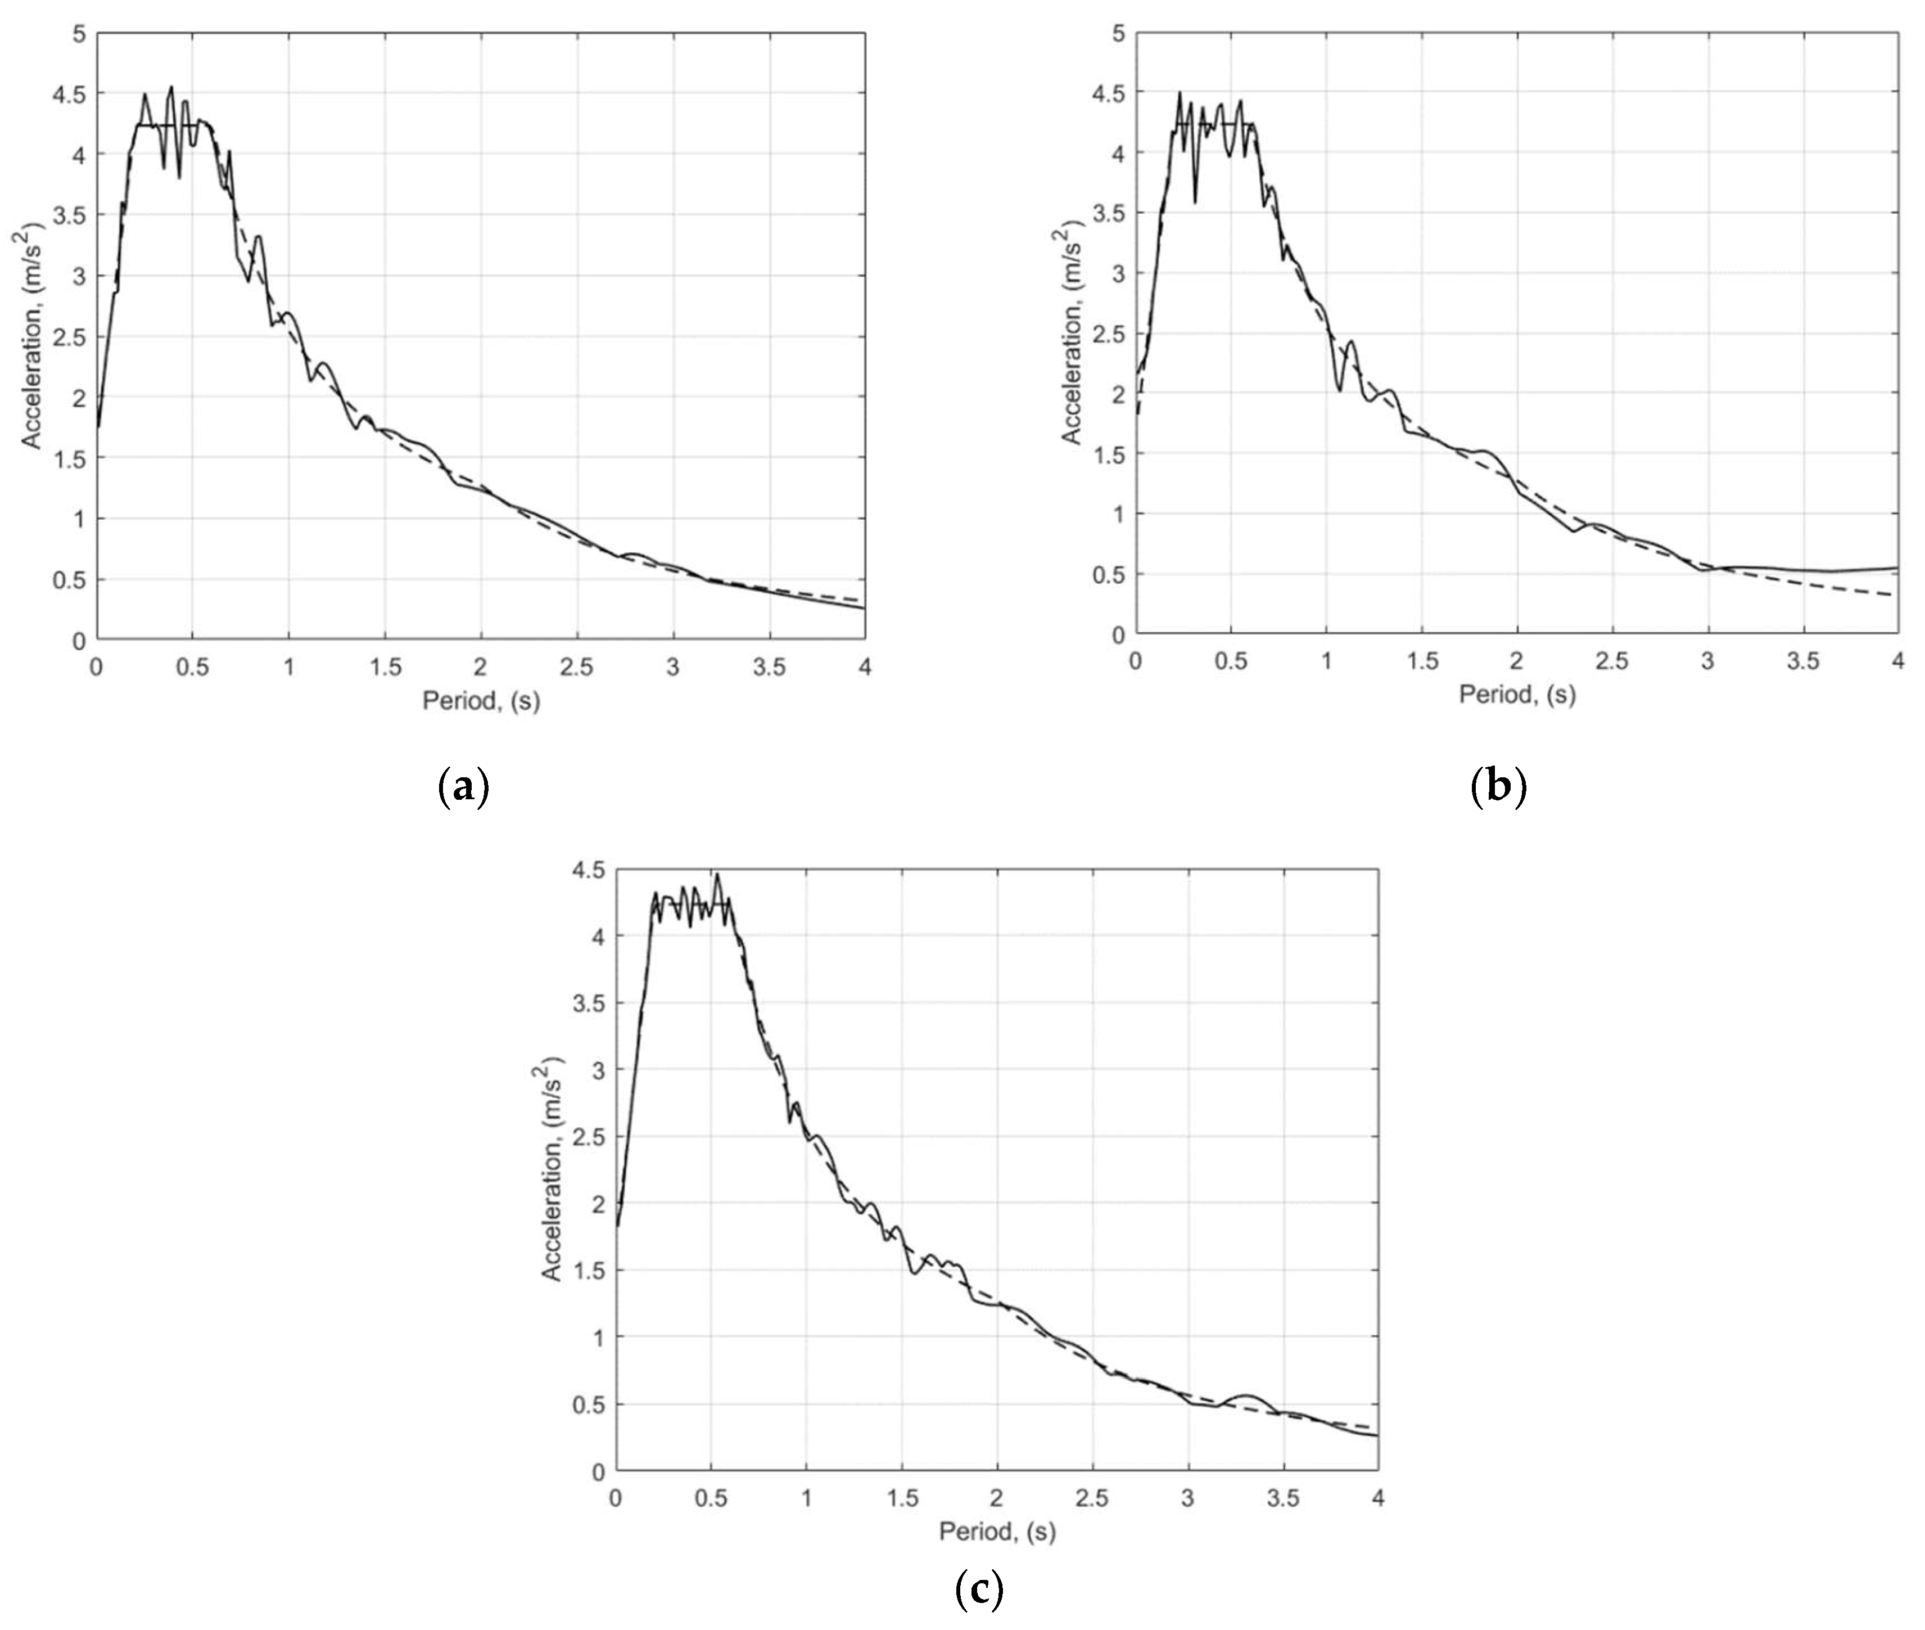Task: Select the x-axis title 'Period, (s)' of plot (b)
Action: (1517, 694)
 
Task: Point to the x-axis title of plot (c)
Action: (997, 1531)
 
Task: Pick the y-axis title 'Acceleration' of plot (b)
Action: (1072, 332)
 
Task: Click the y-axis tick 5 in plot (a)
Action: (79, 34)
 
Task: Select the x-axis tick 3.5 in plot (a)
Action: (769, 667)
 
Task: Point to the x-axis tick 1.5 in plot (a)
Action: (385, 667)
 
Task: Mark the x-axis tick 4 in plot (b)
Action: (1897, 661)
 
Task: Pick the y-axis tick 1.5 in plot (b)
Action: (1109, 454)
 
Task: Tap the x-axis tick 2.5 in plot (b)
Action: (1612, 661)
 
